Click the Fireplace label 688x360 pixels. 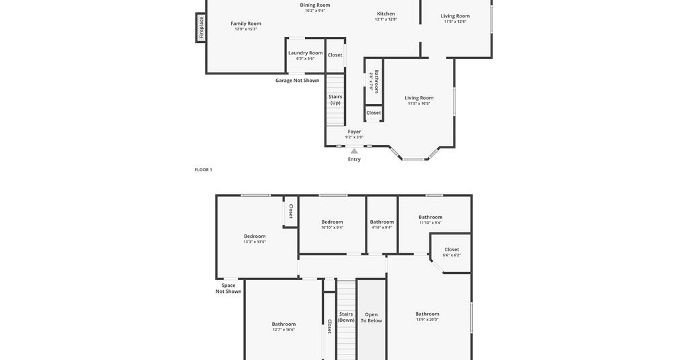[202, 27]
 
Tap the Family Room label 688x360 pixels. [246, 24]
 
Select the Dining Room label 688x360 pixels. [315, 5]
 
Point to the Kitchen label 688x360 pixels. [386, 14]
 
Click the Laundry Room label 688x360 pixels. [306, 53]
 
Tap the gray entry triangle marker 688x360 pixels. [354, 151]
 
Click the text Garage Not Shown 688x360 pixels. [298, 80]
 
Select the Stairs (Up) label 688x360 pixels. [335, 99]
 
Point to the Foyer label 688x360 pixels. [355, 132]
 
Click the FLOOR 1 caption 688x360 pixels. [204, 170]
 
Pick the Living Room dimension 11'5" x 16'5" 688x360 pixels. [419, 103]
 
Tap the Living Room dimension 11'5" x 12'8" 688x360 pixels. [455, 21]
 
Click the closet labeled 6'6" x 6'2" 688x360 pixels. [451, 252]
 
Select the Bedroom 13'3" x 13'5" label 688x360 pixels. [255, 239]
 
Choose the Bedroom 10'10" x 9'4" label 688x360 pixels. [332, 224]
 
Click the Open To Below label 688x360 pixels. [371, 318]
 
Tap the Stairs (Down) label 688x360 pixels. [346, 317]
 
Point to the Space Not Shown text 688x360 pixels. [228, 288]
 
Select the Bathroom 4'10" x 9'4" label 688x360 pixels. [382, 224]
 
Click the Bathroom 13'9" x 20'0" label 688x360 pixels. [427, 316]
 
